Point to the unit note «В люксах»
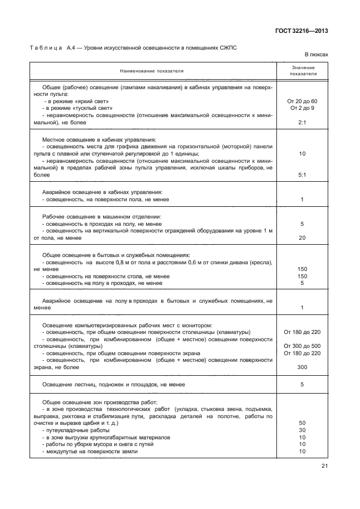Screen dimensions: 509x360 coord(316,55)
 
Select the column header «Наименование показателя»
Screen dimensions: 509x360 coord(151,71)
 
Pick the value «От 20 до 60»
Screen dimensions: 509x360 coord(302,101)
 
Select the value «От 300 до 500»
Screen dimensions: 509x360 coord(302,346)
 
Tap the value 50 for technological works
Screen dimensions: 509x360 coord(302,423)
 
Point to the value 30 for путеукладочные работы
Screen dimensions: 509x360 coord(302,430)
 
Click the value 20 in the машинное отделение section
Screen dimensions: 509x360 coord(302,238)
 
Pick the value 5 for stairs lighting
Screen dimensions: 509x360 coord(302,384)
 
